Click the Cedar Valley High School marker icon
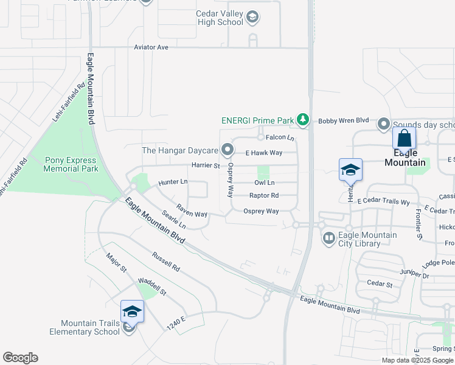tap(252, 18)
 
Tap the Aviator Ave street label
tap(150, 47)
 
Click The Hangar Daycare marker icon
tap(227, 149)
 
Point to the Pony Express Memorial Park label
tap(71, 164)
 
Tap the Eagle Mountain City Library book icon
tap(328, 237)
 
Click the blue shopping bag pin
tap(404, 139)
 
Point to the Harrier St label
tap(205, 165)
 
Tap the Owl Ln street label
tap(264, 182)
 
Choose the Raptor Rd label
tap(264, 195)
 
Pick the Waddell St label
tap(152, 287)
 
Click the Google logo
tap(20, 358)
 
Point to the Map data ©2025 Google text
tap(417, 360)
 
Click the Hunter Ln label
tap(173, 182)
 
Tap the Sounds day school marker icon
tap(384, 124)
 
